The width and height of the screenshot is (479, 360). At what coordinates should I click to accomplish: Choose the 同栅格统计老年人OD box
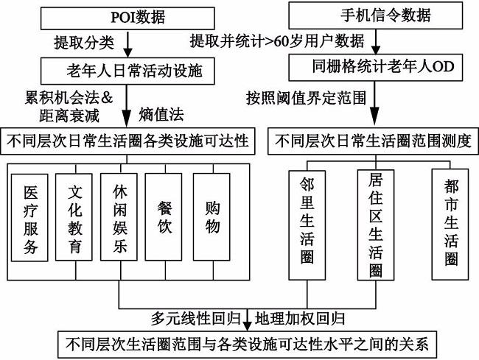point(374,68)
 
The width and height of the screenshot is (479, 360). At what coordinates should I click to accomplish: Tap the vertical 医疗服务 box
point(29,217)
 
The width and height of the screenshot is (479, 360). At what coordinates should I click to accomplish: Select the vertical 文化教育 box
point(75,217)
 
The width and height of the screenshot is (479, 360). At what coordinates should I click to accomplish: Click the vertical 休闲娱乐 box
point(119,217)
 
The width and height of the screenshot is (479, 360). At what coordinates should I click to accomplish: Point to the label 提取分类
point(84,43)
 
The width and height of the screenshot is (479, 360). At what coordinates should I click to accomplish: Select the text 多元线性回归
point(198,320)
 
